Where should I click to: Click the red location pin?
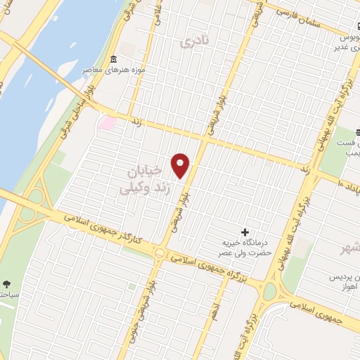pos(181,165)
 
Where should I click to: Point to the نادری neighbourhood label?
pos(195,42)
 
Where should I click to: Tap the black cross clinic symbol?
pos(245,232)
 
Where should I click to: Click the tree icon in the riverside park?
pos(6,284)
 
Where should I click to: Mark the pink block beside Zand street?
pos(108,123)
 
